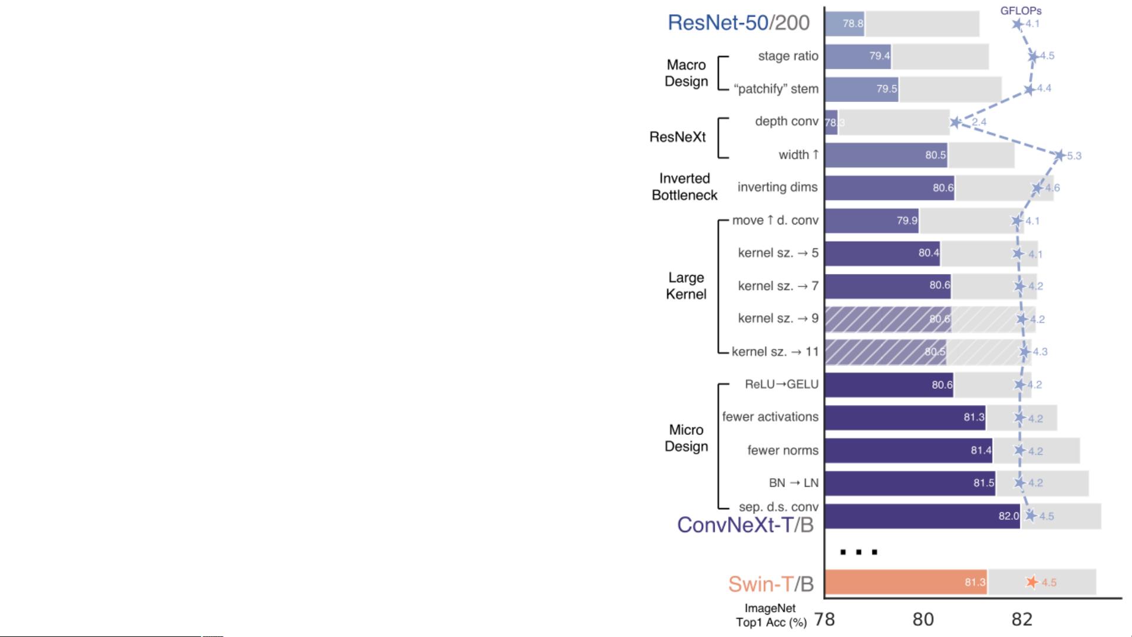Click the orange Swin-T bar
coord(906,582)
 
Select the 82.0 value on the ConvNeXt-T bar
coord(1008,516)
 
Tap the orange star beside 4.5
coord(1031,582)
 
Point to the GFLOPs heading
coord(1021,11)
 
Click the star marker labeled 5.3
coord(1060,156)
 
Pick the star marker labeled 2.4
coord(955,123)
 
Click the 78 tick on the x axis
coord(824,619)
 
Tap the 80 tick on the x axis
coord(923,619)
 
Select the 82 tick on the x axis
coord(1022,619)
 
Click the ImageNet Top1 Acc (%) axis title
coord(771,615)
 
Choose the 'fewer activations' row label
coord(770,417)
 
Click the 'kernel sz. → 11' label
coord(775,352)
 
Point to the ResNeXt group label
coord(678,137)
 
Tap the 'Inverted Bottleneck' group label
coord(684,187)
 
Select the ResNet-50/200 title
coord(738,23)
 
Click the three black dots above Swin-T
coord(859,552)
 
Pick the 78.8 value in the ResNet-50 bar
coord(853,24)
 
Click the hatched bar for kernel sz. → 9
coord(887,319)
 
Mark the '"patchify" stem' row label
coord(776,89)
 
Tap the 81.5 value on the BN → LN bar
coord(984,483)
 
